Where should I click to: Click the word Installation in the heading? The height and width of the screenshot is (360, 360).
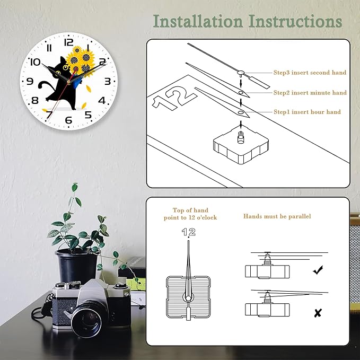click(198, 21)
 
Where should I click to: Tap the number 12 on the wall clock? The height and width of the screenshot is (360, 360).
click(68, 42)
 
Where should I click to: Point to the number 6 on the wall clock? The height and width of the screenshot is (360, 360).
click(68, 120)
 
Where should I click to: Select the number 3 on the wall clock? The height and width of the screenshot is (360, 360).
click(108, 81)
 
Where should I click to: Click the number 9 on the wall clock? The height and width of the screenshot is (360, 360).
click(30, 82)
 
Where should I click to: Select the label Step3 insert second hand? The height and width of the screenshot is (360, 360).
click(310, 73)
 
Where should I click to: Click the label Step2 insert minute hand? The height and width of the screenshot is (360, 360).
click(310, 93)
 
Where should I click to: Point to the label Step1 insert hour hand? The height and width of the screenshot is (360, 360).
click(307, 112)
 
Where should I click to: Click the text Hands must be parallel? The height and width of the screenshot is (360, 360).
click(277, 217)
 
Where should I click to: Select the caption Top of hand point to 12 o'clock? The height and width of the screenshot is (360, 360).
click(190, 214)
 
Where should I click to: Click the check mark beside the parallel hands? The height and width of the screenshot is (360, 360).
click(318, 270)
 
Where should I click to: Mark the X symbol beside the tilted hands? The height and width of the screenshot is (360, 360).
click(318, 313)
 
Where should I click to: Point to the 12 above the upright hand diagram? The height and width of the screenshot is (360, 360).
click(189, 232)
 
